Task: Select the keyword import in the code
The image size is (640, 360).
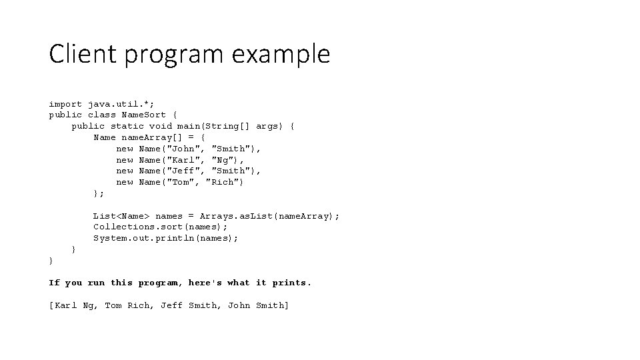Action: point(65,104)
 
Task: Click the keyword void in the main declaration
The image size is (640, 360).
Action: point(160,126)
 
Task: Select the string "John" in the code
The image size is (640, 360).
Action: point(185,149)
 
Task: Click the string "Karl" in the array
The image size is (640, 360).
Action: point(185,160)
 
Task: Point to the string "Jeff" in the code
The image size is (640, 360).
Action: point(185,171)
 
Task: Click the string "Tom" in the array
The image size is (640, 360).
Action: point(183,182)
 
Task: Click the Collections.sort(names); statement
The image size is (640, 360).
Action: point(160,227)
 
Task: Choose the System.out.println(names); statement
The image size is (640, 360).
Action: point(165,238)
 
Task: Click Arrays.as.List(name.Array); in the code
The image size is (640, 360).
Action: point(269,216)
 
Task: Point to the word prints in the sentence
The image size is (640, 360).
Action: point(291,283)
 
